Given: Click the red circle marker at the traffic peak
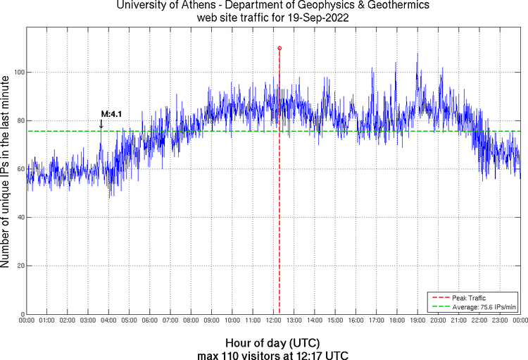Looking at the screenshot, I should click(x=279, y=48).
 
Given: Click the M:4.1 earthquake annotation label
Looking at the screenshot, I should click(x=112, y=113).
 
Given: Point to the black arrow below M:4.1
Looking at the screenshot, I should click(x=101, y=124).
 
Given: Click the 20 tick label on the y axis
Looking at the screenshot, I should click(x=19, y=266).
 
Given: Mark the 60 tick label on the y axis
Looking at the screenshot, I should click(x=19, y=169).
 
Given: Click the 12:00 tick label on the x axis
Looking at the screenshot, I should click(x=274, y=321).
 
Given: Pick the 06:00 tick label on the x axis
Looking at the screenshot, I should click(x=150, y=321).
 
